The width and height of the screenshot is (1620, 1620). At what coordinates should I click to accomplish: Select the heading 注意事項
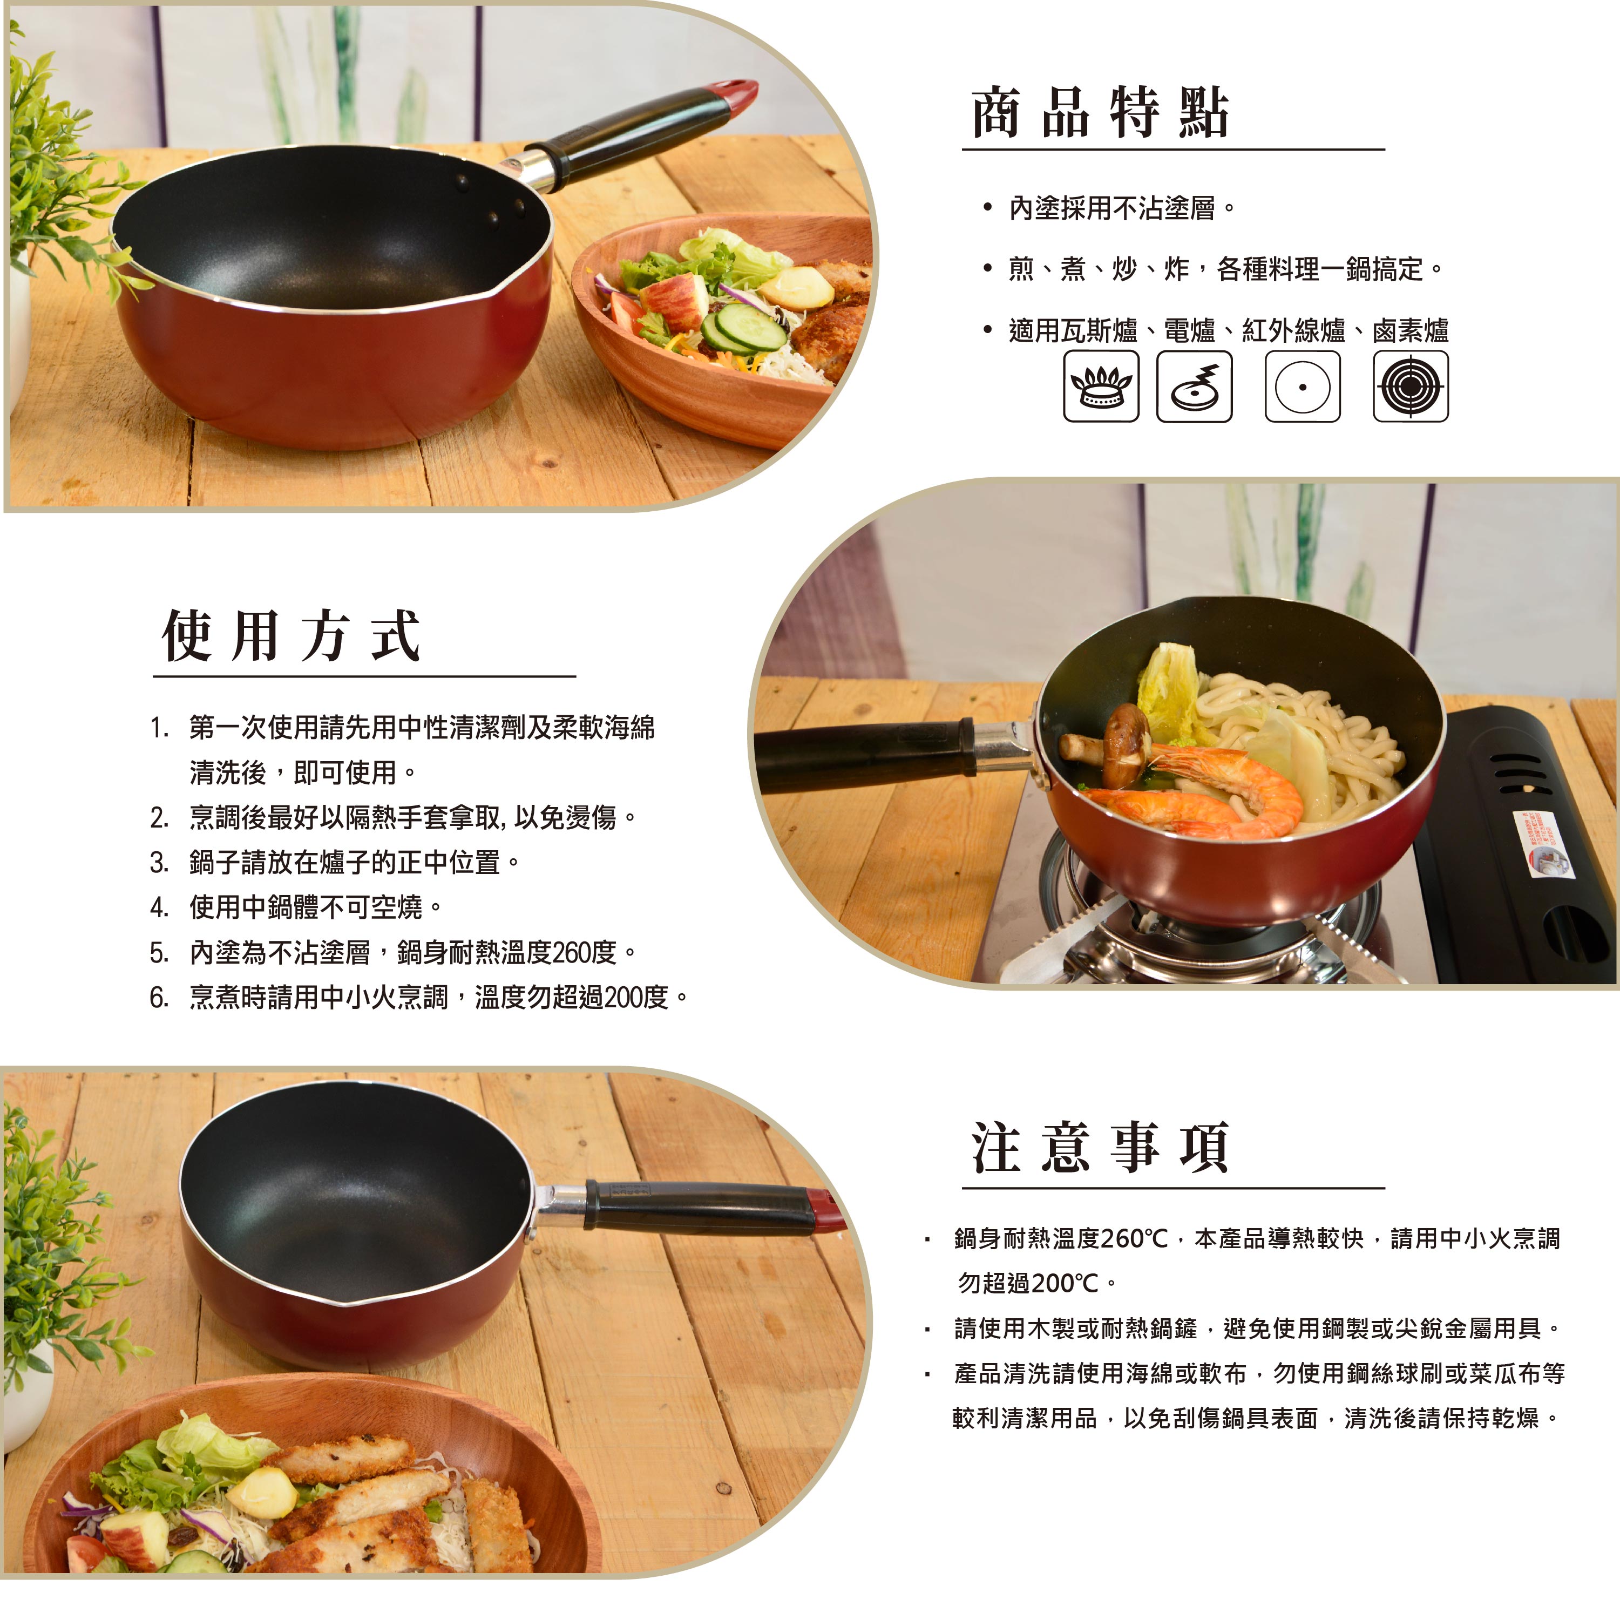coord(1100,1148)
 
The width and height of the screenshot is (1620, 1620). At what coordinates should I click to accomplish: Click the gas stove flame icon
coord(1101,386)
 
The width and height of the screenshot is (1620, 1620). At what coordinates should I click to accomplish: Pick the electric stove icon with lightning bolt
coord(1194,386)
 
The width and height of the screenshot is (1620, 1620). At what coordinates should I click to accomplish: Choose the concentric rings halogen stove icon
coord(1411,386)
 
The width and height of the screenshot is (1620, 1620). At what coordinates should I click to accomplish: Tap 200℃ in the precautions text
coord(1066,1283)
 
